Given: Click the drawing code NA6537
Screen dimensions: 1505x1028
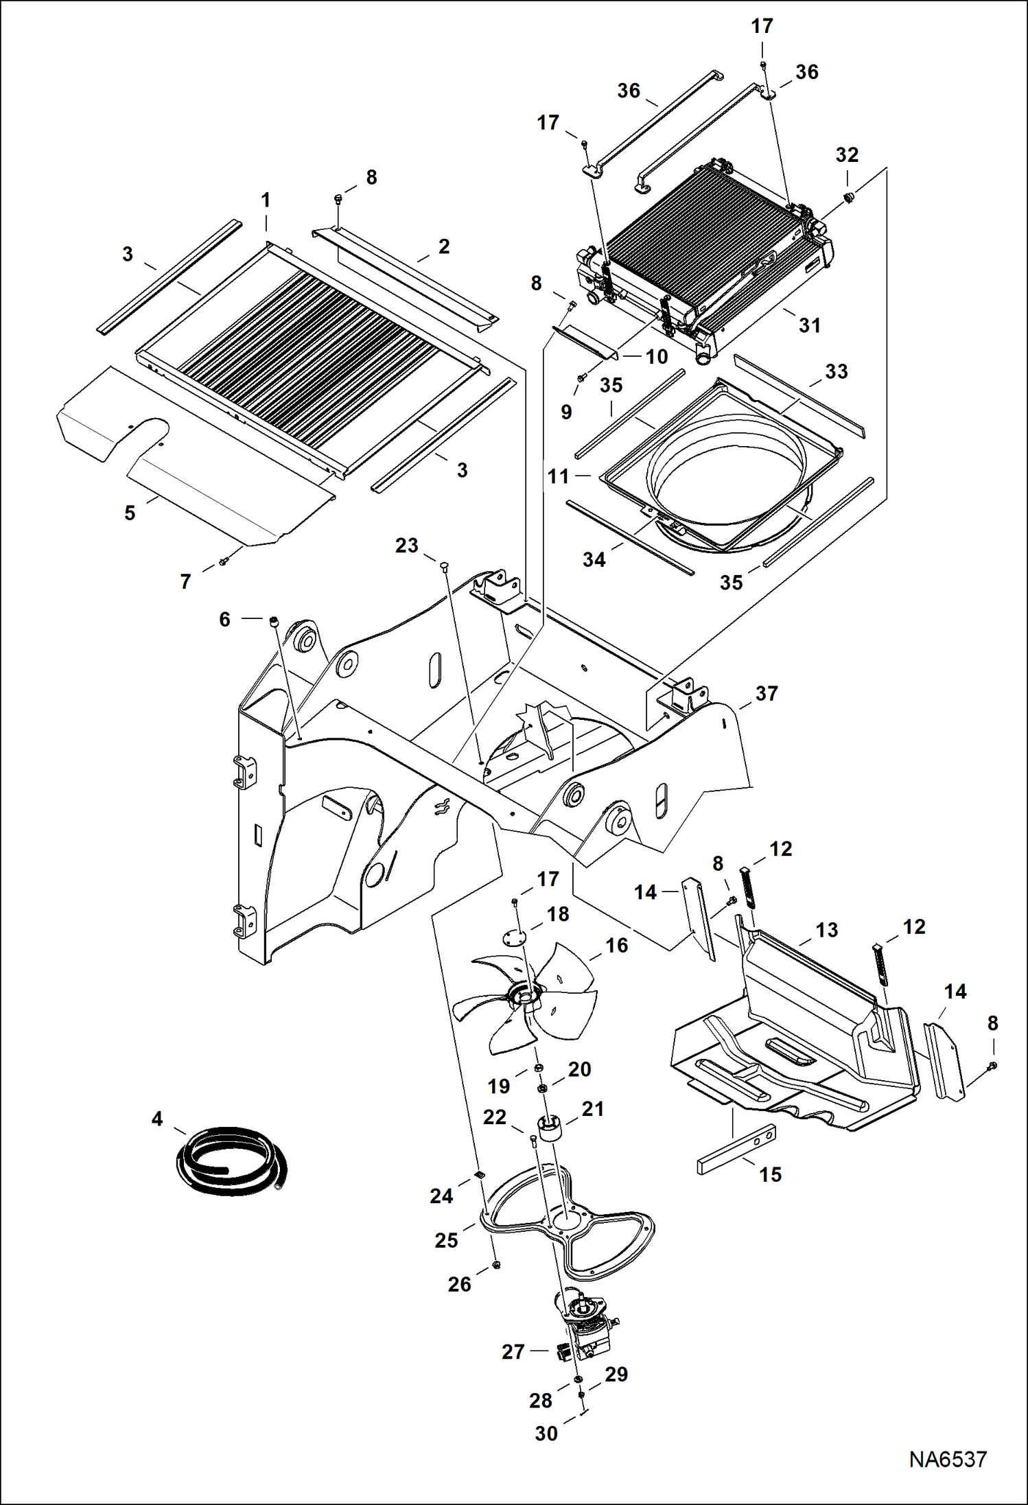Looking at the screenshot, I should click(x=948, y=1460).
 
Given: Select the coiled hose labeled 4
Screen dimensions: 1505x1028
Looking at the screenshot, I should click(x=230, y=1160).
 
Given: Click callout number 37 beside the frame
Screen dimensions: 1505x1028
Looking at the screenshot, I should click(x=767, y=694).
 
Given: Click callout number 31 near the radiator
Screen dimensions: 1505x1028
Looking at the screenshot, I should click(x=810, y=325).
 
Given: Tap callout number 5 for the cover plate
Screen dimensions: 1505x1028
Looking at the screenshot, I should click(x=130, y=513).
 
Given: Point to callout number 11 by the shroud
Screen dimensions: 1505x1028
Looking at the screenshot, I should click(x=558, y=476).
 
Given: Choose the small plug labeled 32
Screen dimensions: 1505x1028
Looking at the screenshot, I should click(x=848, y=198).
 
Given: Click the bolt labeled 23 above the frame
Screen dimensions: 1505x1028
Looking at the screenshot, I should click(x=443, y=565).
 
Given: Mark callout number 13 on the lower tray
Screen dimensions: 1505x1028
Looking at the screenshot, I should click(x=827, y=930).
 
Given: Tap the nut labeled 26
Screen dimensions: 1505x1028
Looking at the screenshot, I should click(x=495, y=1265).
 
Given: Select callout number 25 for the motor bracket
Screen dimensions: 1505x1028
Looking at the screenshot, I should click(x=446, y=1240).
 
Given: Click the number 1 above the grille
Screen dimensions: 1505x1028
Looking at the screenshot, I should click(x=266, y=200).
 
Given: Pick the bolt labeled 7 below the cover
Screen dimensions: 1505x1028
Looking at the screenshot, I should click(x=223, y=561).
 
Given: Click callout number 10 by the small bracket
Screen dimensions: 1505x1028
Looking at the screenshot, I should click(x=657, y=357).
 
